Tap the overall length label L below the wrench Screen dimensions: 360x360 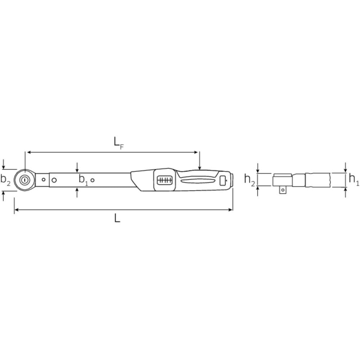tap(117, 218)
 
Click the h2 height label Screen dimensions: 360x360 tap(250, 179)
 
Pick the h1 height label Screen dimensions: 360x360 tap(354, 179)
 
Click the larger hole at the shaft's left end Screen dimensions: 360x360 tap(54, 180)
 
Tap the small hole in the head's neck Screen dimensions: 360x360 tap(44, 179)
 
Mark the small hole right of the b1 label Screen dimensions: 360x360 tap(93, 180)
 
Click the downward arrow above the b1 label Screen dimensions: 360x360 tap(77, 167)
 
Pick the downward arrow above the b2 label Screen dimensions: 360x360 tap(4, 164)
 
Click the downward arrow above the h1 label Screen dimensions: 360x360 tap(345, 167)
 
